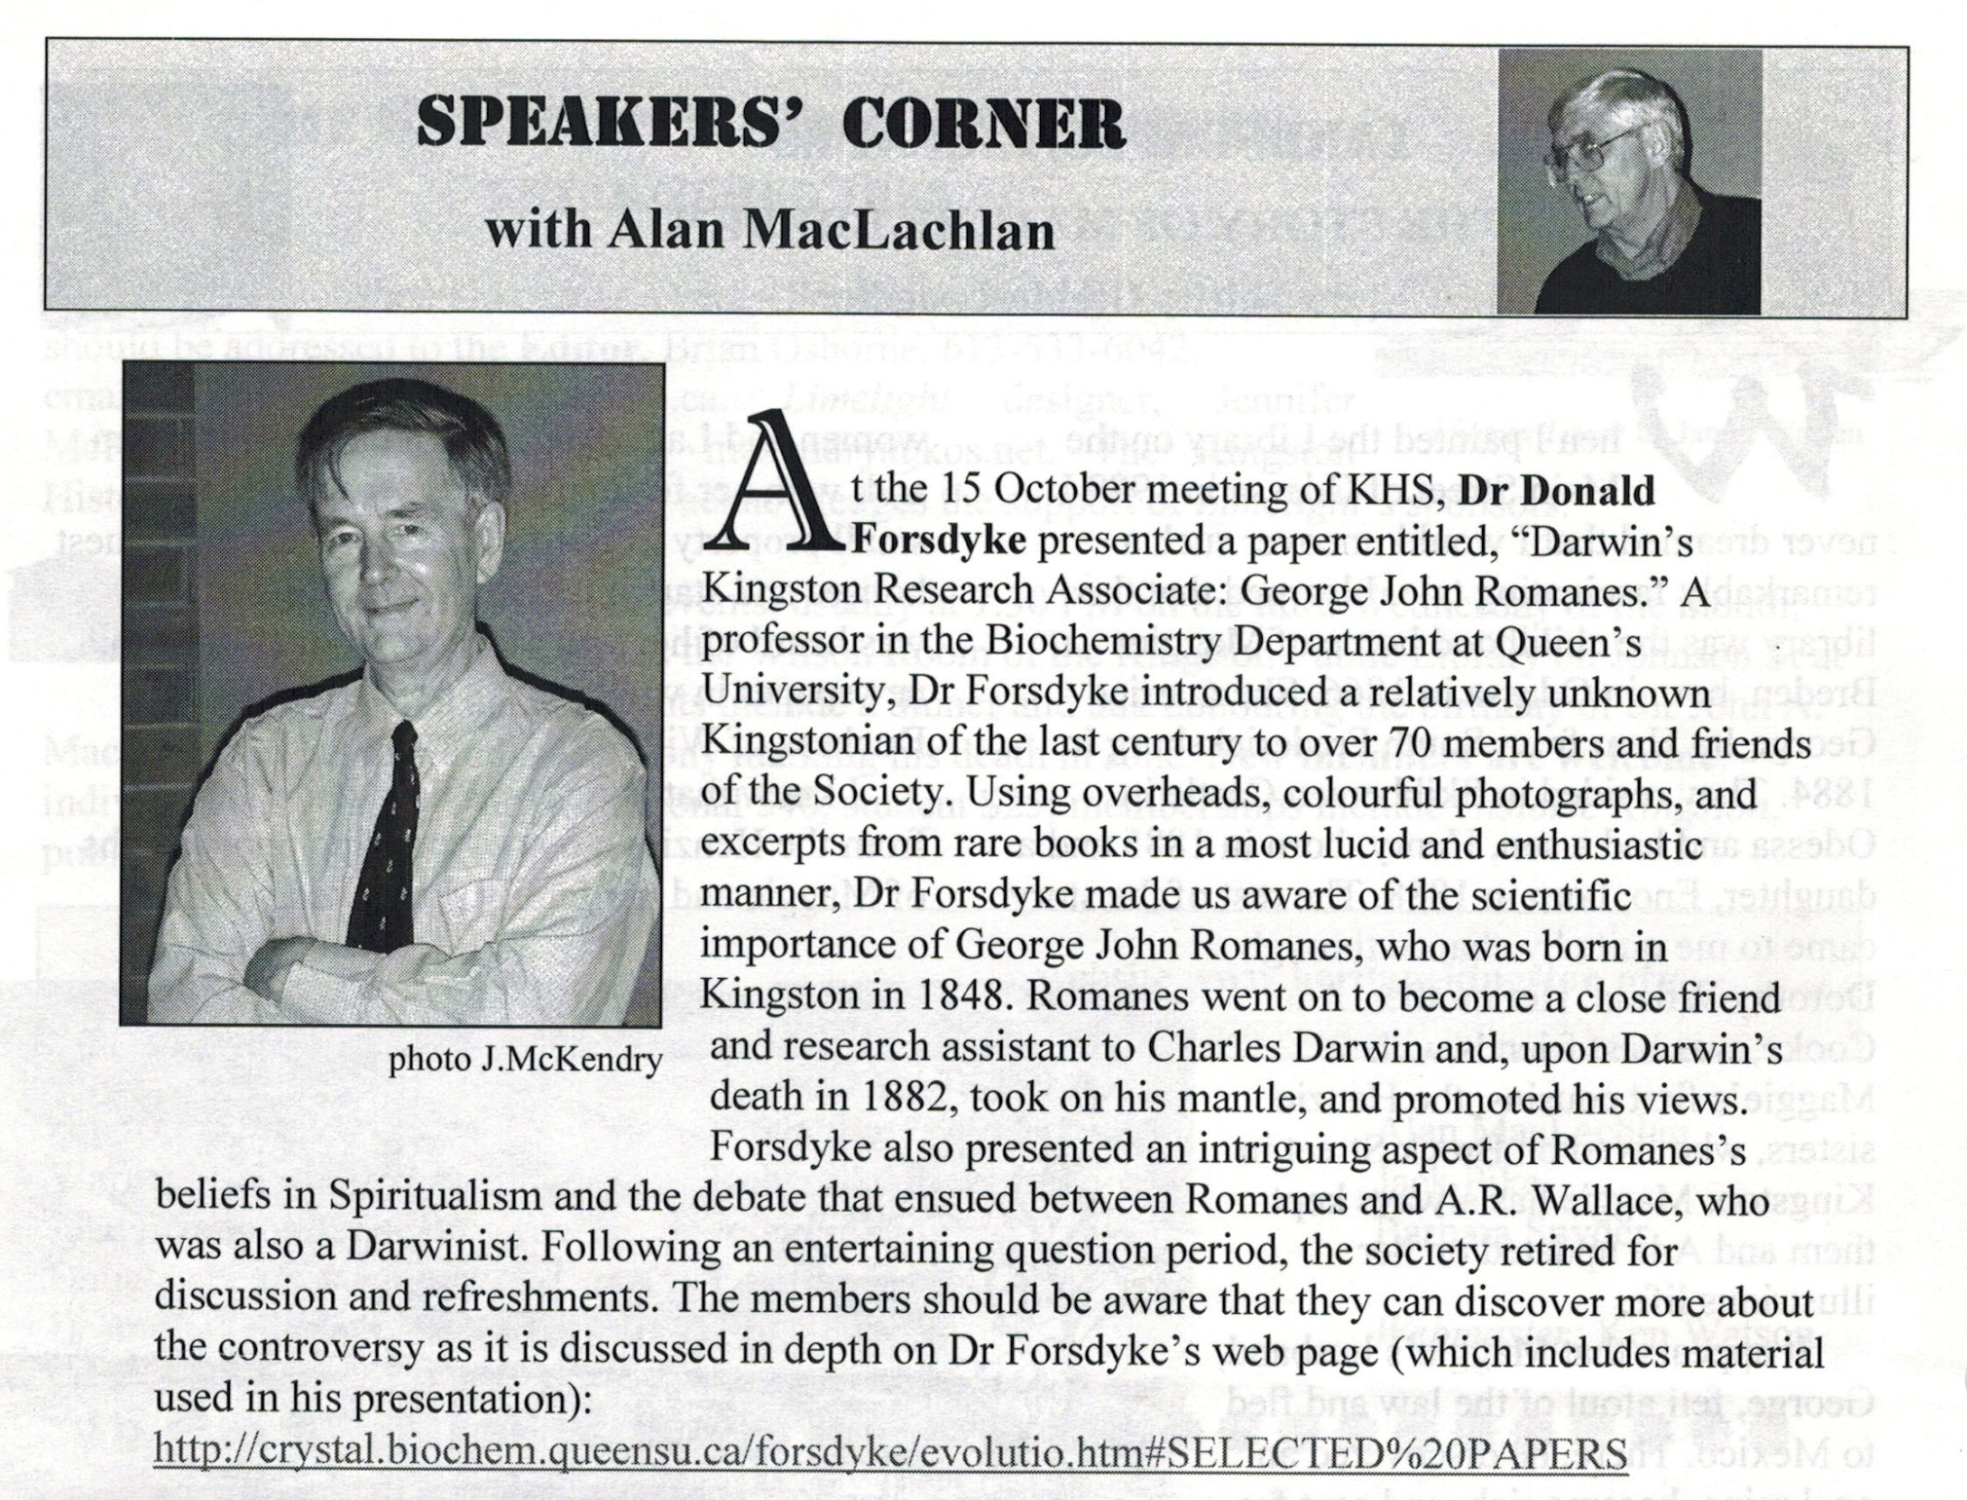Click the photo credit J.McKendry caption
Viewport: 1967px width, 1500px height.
(526, 1060)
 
